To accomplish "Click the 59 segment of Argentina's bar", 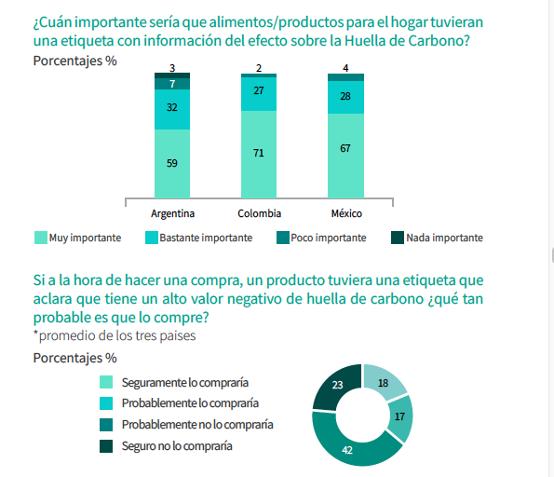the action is [x=172, y=163].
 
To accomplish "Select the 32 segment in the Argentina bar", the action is [x=172, y=109].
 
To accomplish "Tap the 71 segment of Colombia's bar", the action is [x=259, y=154].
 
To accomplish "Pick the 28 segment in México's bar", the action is [x=345, y=97].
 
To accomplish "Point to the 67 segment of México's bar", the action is [x=345, y=156].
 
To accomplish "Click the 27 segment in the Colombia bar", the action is [x=259, y=94].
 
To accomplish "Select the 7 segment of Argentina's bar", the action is [x=172, y=84].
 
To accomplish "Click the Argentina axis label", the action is [x=173, y=213].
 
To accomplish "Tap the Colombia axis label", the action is [x=260, y=213].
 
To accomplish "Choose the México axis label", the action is [x=346, y=213].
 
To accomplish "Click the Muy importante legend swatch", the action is [x=41, y=238].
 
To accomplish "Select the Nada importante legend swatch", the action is [x=398, y=238].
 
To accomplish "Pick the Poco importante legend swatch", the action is [x=283, y=238].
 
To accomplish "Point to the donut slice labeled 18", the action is [x=383, y=382].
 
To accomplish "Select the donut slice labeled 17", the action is [x=400, y=417].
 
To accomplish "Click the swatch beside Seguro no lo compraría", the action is [x=106, y=446].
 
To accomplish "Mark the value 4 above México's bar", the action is [x=345, y=68].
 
